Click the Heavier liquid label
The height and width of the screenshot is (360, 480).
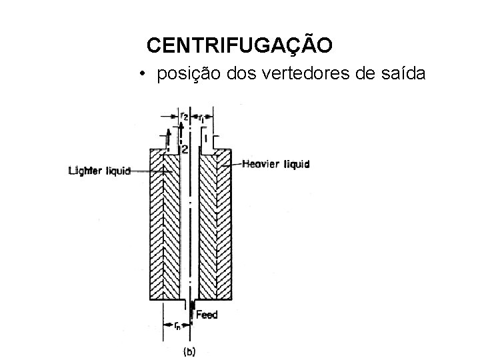pyautogui.click(x=276, y=163)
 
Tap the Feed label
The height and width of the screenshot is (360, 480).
pyautogui.click(x=207, y=314)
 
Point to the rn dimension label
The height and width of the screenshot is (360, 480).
pyautogui.click(x=177, y=326)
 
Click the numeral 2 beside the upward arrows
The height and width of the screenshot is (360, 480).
pyautogui.click(x=184, y=147)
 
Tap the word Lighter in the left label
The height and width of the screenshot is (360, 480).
pyautogui.click(x=85, y=171)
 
